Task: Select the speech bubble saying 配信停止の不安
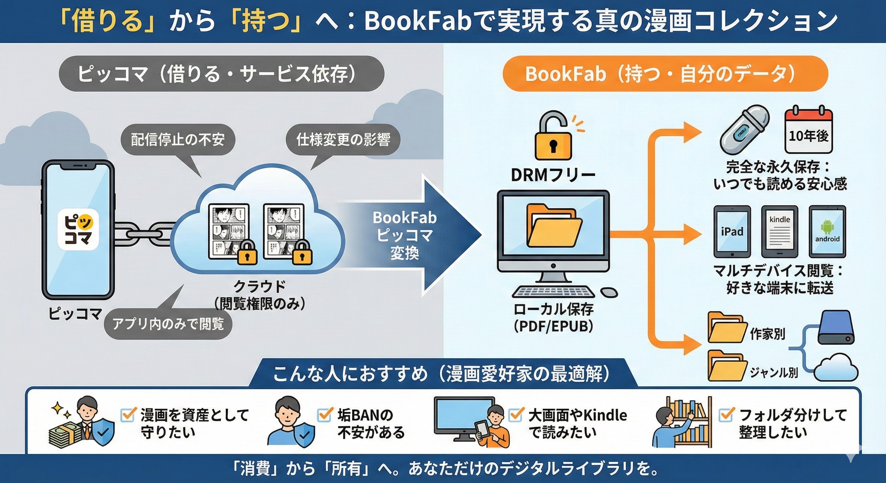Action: (x=177, y=140)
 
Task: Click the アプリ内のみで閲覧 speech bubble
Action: (x=168, y=324)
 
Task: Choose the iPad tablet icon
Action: (x=732, y=231)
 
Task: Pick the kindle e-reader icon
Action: (x=779, y=231)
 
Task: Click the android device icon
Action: (x=827, y=231)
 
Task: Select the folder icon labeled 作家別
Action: (x=726, y=327)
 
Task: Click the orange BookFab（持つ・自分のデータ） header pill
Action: (x=664, y=74)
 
